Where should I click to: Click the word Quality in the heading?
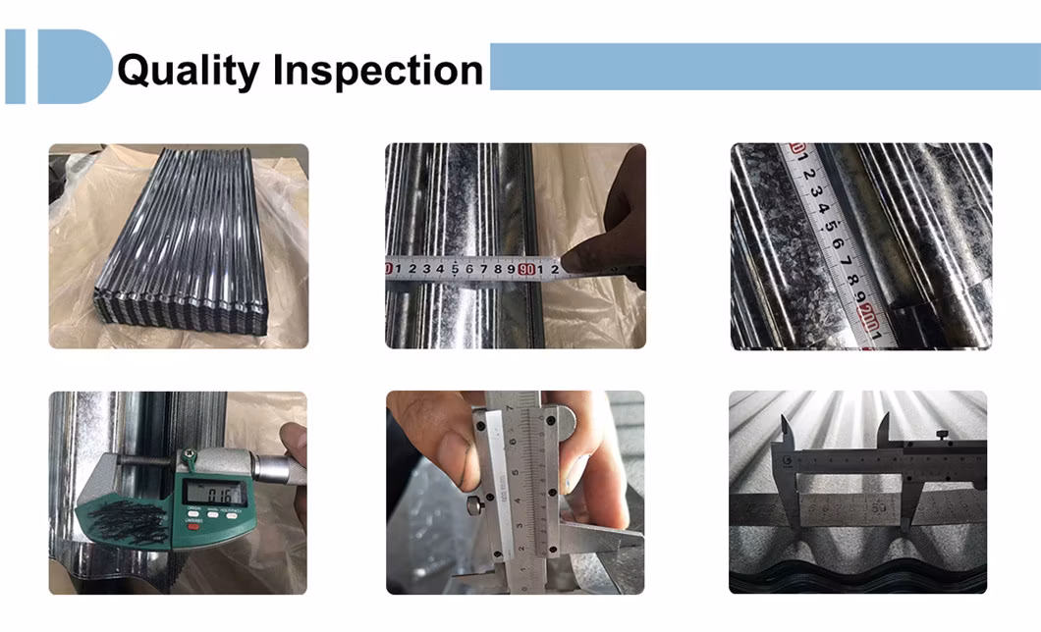click(188, 72)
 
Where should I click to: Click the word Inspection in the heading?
click(378, 72)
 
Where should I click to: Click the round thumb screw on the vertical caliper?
click(474, 506)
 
